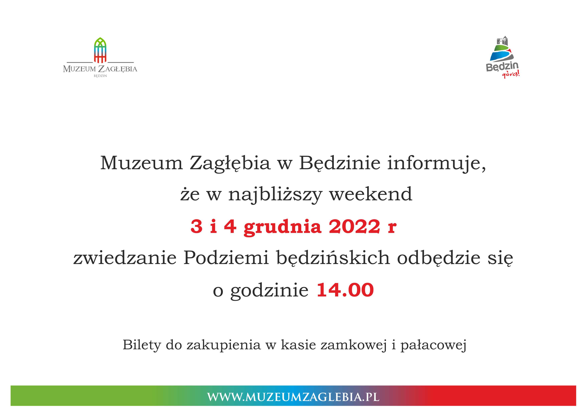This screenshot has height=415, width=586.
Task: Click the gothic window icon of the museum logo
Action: [x=100, y=50]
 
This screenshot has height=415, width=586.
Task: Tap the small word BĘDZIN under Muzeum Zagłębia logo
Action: [x=100, y=76]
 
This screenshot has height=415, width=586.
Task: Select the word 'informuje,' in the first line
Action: [x=437, y=163]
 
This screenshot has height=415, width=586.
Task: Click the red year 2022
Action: [x=354, y=227]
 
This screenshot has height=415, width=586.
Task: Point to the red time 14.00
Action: [x=345, y=290]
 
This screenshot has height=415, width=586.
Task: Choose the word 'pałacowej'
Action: [x=433, y=345]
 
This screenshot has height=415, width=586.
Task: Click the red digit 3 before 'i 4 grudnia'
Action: [x=196, y=227]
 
